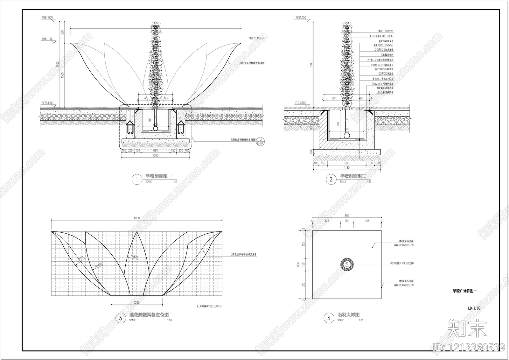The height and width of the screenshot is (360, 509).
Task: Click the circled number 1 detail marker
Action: pos(137,180)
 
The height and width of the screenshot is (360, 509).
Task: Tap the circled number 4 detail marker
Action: pos(329,318)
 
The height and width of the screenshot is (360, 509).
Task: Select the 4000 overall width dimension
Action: pos(136,218)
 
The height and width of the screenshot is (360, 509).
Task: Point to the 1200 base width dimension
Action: pos(136,302)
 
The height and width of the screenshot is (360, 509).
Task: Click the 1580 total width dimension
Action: pos(155,155)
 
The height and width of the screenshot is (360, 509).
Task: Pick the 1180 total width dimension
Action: pos(346,167)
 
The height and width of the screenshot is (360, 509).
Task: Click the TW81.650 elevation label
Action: pos(47,18)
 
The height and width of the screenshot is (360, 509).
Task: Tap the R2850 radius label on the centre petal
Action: pos(134,256)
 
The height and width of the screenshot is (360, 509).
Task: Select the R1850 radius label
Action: pos(98,265)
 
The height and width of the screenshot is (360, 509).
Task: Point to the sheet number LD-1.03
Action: pos(474,308)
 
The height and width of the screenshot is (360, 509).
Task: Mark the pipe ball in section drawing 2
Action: pos(347,135)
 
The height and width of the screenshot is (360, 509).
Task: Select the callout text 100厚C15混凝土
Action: pos(384,74)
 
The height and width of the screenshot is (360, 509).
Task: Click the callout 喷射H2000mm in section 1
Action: pos(257,38)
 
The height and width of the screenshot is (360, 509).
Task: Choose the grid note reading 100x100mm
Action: pos(210,306)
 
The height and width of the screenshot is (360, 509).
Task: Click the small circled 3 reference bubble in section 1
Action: pos(261,140)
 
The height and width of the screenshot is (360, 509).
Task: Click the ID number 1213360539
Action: pos(468,347)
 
